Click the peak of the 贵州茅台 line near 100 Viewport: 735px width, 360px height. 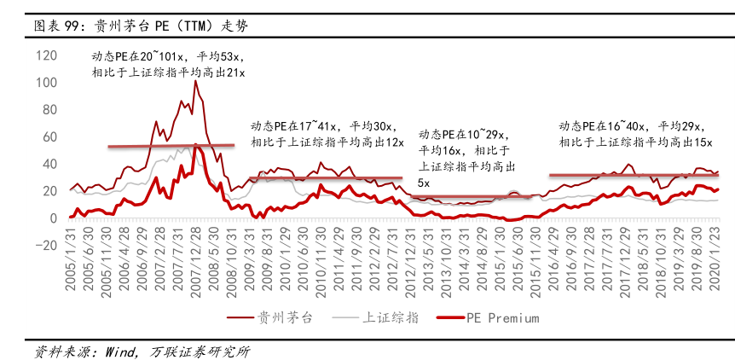(195, 81)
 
